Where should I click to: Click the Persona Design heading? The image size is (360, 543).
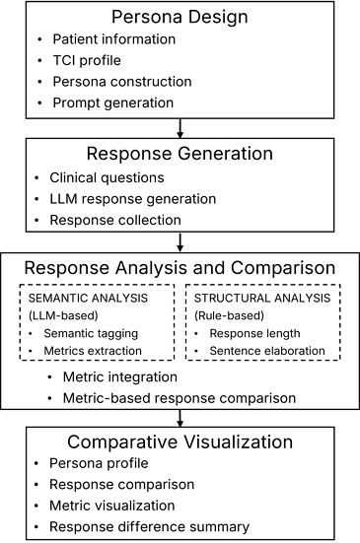[x=180, y=17]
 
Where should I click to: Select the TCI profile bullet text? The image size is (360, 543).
[x=87, y=60]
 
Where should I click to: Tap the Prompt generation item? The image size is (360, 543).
[x=113, y=102]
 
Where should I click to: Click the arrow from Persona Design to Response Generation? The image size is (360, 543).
[x=180, y=128]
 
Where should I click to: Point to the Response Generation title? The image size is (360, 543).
[x=180, y=154]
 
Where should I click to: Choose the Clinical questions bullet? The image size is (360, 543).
[x=107, y=177]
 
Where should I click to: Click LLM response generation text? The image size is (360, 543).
[x=133, y=199]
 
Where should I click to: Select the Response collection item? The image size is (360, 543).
[x=115, y=220]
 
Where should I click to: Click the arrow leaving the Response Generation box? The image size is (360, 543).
[x=180, y=242]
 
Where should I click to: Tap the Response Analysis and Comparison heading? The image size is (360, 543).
[x=180, y=268]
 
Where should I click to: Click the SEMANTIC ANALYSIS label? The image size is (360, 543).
[x=88, y=299]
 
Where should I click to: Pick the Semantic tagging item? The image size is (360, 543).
[x=91, y=333]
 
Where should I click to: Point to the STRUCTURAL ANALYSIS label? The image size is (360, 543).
[x=262, y=299]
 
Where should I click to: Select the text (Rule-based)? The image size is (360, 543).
[x=229, y=315]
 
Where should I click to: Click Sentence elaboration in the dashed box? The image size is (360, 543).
[x=267, y=351]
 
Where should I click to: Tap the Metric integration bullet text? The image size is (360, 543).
[x=120, y=377]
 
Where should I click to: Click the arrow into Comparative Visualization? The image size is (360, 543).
[x=180, y=418]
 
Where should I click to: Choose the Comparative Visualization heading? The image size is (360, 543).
[x=180, y=441]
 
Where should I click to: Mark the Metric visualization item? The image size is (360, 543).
[x=111, y=506]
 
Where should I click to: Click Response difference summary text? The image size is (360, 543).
[x=149, y=526]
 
